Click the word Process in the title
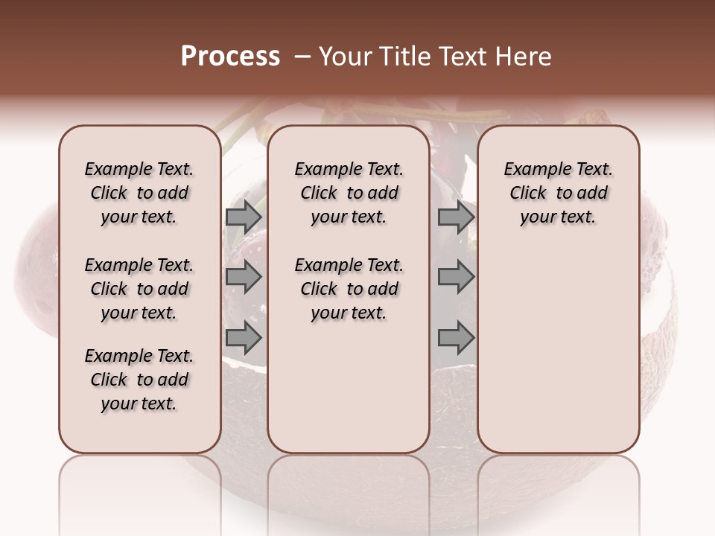230,56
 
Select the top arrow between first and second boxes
244,217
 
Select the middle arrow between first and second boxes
244,278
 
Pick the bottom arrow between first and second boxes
244,338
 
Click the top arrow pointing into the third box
456,217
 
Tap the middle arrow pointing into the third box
456,278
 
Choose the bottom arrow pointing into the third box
456,338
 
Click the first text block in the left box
139,193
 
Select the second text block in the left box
139,289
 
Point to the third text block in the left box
139,380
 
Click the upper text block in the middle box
349,193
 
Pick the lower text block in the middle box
349,289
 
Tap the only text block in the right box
558,193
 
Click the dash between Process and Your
302,57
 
